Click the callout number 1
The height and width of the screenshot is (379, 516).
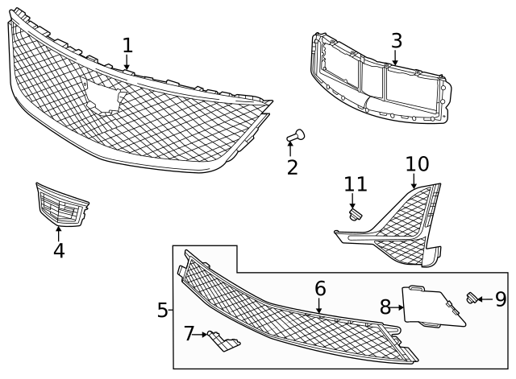[127, 45]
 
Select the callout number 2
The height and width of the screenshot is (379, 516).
[292, 167]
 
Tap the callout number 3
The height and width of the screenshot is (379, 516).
[396, 40]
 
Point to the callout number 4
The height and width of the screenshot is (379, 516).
[59, 250]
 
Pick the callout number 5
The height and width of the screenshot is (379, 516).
[163, 309]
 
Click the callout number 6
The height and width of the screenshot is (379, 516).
[319, 287]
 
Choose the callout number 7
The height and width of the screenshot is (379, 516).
[189, 333]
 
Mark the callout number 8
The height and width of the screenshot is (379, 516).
[385, 307]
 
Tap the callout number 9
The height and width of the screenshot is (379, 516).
[501, 299]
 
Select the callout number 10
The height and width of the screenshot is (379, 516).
[416, 164]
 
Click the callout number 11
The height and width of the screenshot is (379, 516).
[356, 183]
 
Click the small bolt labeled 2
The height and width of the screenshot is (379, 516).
[296, 136]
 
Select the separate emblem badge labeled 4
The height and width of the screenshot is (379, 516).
[61, 206]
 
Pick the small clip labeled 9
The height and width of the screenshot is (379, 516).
[473, 299]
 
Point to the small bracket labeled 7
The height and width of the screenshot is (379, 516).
[221, 341]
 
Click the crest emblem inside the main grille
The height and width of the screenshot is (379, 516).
[107, 95]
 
